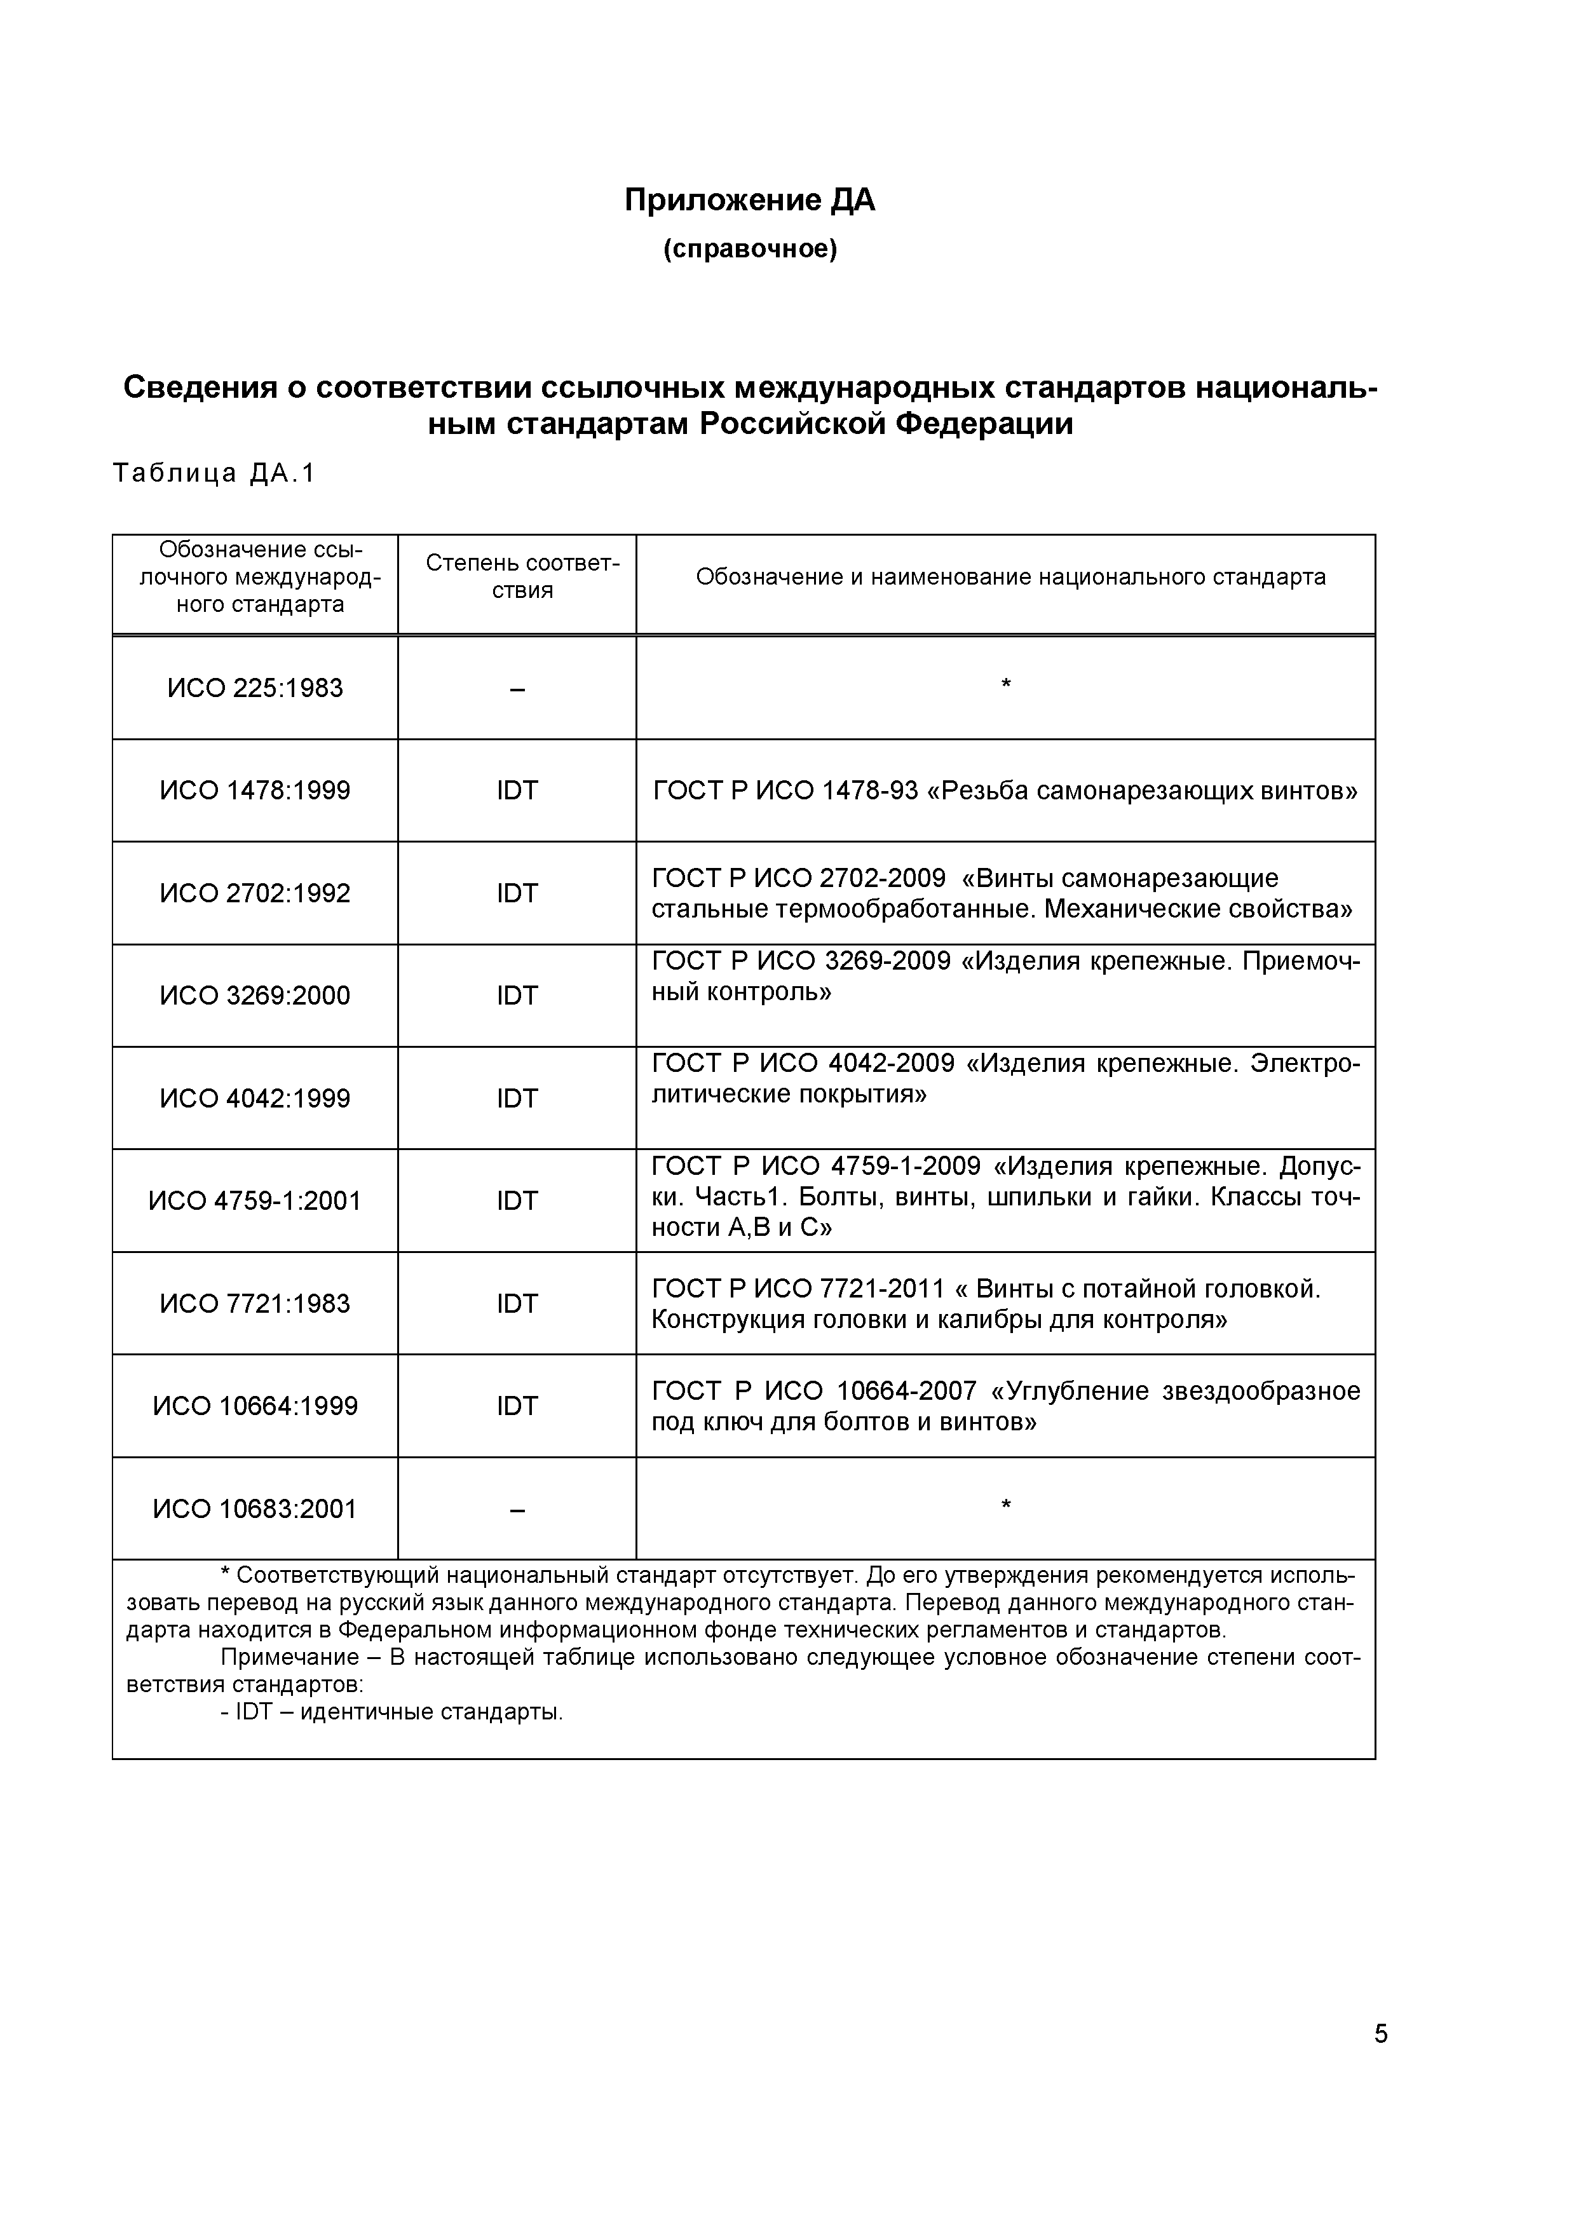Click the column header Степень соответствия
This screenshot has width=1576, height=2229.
click(522, 577)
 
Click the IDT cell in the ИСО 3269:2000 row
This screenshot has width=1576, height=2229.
click(517, 996)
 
